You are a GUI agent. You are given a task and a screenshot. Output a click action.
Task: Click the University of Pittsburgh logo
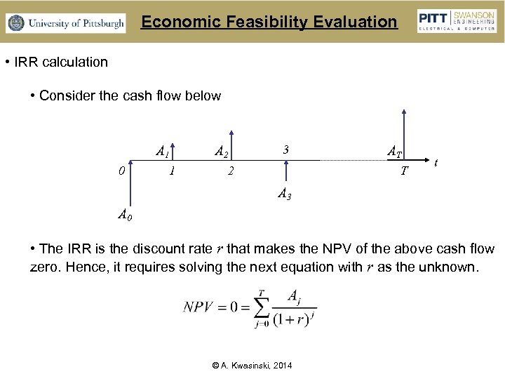pyautogui.click(x=65, y=23)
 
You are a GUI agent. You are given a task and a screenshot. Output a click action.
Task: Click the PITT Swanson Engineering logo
pyautogui.click(x=457, y=22)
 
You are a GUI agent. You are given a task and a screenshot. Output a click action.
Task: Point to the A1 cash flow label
pyautogui.click(x=162, y=151)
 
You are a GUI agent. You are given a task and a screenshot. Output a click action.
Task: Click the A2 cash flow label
pyautogui.click(x=221, y=151)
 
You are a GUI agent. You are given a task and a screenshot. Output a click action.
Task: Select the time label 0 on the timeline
pyautogui.click(x=121, y=170)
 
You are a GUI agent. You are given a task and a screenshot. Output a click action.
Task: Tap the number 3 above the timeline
pyautogui.click(x=285, y=149)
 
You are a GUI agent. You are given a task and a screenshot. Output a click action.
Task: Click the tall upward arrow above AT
pyautogui.click(x=403, y=133)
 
